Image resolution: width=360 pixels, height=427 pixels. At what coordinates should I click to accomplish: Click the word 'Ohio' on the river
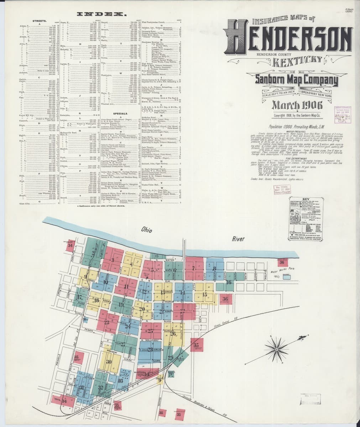click(x=146, y=230)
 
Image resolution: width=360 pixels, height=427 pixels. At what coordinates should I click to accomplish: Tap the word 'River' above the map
click(x=238, y=239)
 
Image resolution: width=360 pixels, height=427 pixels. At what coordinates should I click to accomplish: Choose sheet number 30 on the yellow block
click(x=109, y=362)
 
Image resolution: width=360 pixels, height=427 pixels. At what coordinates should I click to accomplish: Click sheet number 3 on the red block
click(x=113, y=260)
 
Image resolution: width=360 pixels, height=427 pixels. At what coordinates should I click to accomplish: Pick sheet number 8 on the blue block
click(x=214, y=269)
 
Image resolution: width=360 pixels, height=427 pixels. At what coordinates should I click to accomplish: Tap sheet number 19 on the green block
click(x=121, y=305)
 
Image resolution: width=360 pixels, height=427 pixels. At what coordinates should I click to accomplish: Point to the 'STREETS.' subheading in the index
click(x=40, y=21)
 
